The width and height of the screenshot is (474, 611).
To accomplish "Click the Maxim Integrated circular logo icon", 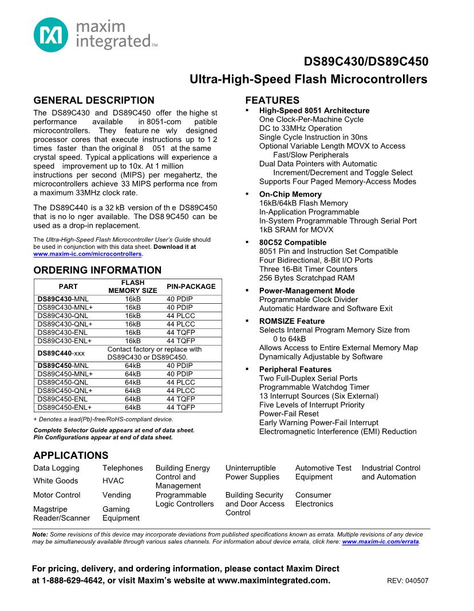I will click(x=51, y=34).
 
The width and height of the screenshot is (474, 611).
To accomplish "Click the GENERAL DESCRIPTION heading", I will click(x=93, y=100).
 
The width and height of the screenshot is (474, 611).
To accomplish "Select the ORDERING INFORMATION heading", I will click(x=97, y=270).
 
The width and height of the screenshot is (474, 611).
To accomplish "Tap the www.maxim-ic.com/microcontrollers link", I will click(x=88, y=253).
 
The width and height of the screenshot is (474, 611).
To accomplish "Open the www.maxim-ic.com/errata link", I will click(x=380, y=541).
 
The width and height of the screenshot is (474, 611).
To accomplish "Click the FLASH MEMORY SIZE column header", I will click(x=133, y=287).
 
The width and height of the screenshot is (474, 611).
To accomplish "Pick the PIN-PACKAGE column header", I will click(x=191, y=287).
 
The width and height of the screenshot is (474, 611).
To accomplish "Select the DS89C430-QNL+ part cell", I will click(x=64, y=324).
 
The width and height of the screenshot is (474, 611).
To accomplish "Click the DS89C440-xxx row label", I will click(x=61, y=353).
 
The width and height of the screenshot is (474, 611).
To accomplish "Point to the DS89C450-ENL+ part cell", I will click(x=64, y=407).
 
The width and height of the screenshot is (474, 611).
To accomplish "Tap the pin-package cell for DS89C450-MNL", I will click(x=180, y=365).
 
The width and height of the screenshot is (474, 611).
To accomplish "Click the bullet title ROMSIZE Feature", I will click(x=291, y=321).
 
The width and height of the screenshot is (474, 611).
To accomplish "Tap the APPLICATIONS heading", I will click(x=70, y=455).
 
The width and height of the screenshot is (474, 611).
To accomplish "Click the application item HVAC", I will click(x=113, y=481).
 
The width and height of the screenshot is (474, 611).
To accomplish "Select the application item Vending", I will click(x=116, y=495).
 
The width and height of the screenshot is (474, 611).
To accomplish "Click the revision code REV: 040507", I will click(x=408, y=581).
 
